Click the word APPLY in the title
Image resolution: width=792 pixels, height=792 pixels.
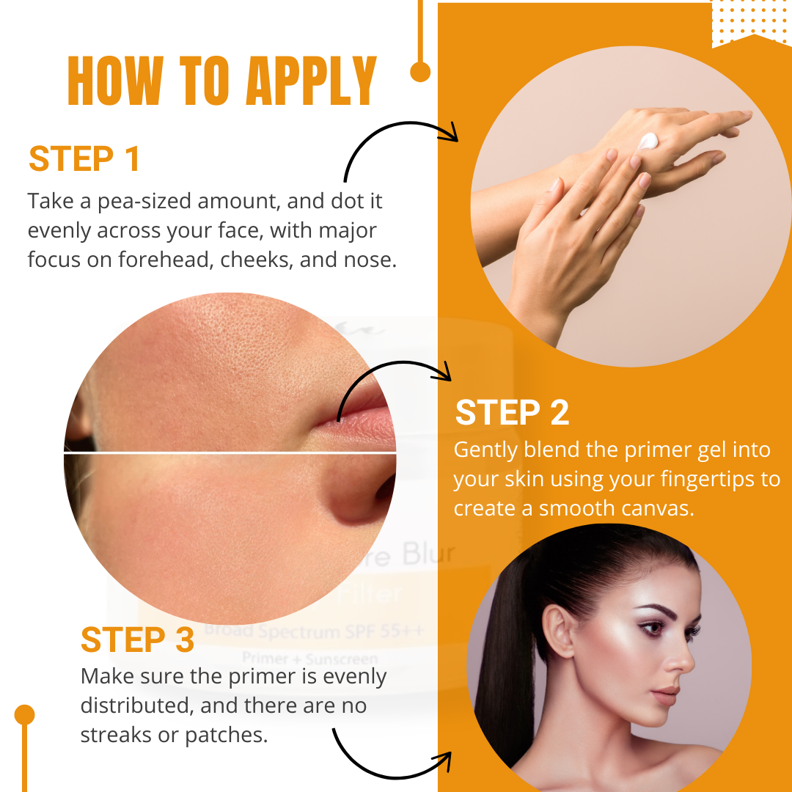(311, 80)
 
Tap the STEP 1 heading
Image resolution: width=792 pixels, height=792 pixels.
(84, 159)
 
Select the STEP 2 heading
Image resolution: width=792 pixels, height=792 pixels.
(512, 413)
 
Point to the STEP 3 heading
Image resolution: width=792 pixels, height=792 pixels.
(137, 639)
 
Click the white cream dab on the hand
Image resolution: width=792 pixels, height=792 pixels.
(649, 141)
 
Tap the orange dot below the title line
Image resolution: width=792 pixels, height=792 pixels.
(420, 71)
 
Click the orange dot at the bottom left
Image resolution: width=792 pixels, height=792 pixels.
(25, 714)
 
